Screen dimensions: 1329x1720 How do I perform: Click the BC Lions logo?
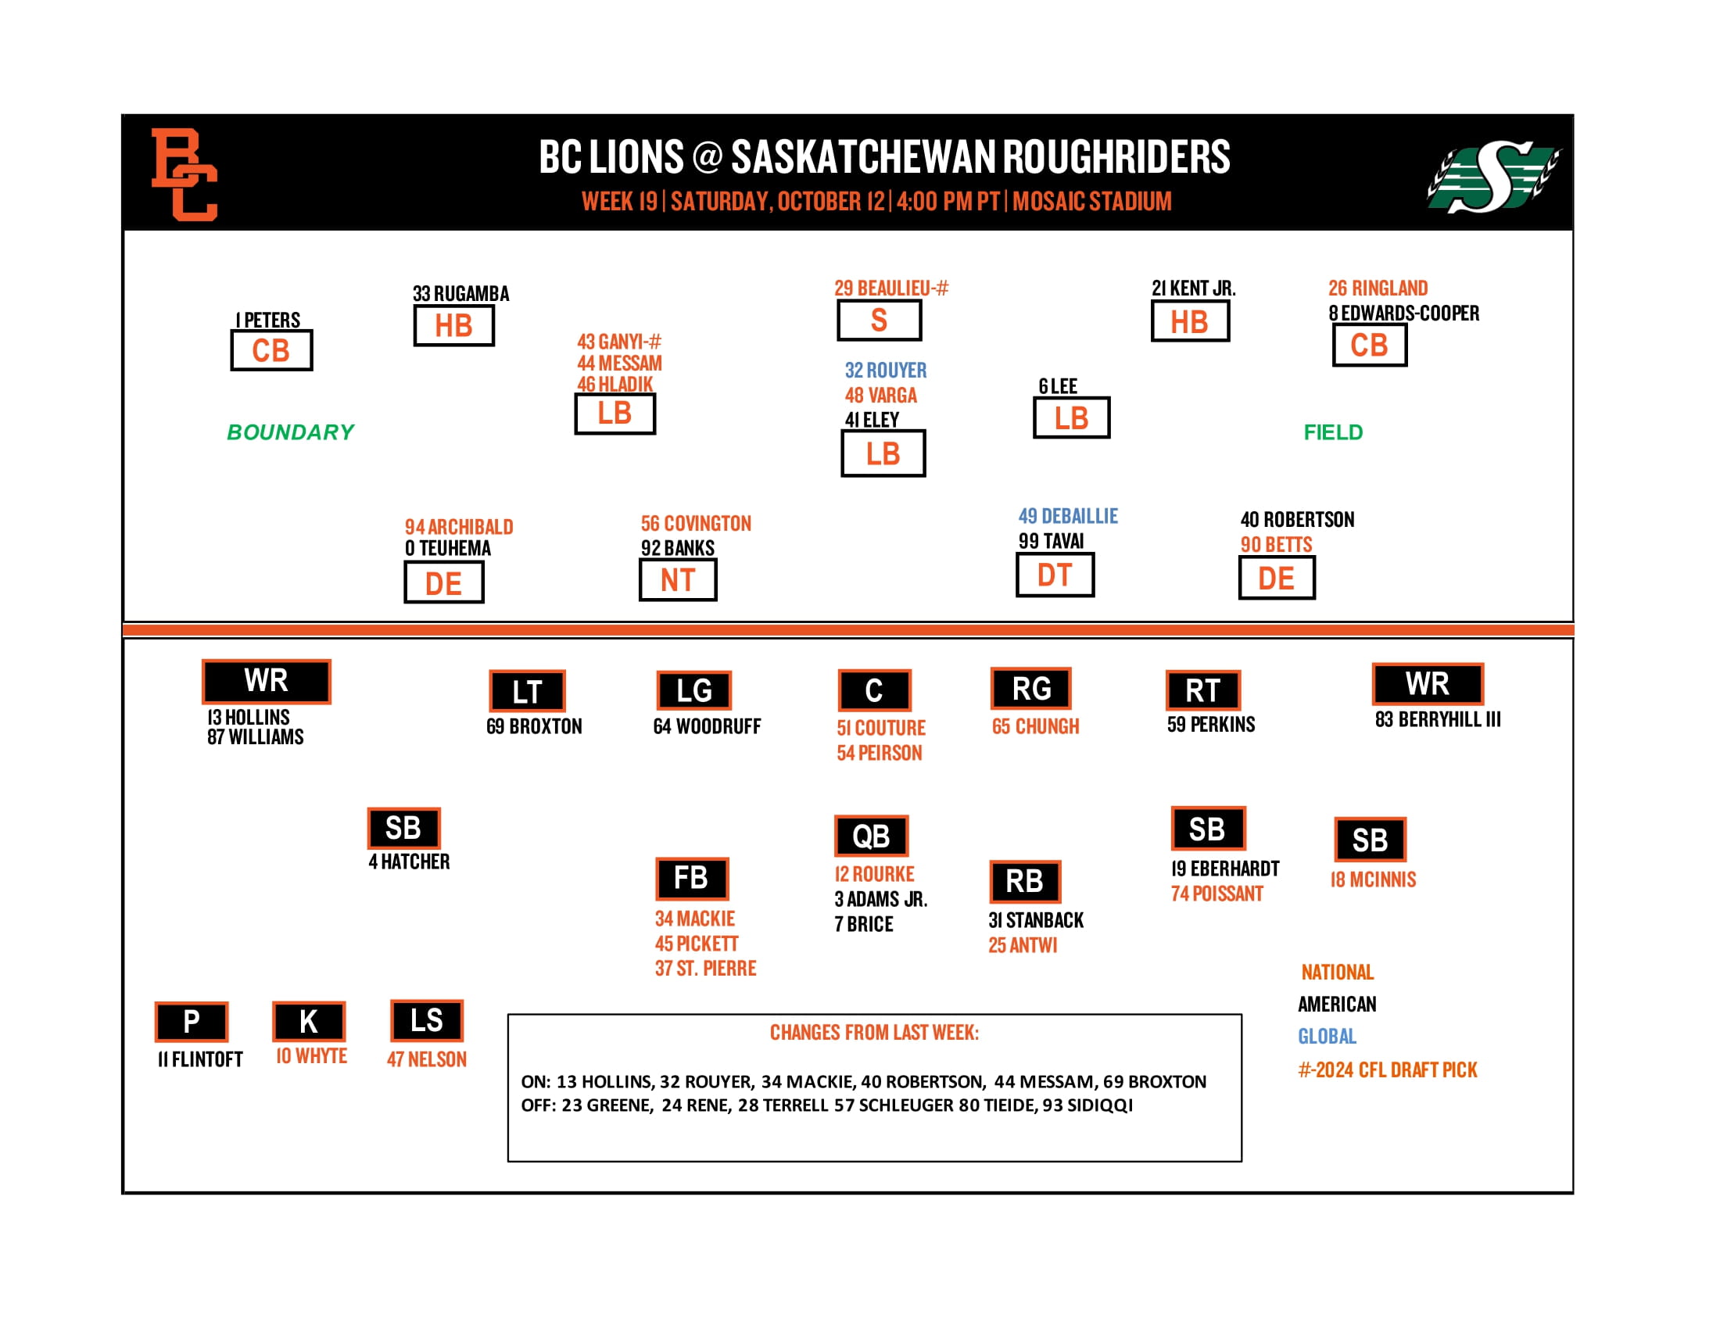185,174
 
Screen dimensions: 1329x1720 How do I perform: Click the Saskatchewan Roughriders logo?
1493,177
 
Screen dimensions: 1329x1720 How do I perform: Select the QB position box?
871,836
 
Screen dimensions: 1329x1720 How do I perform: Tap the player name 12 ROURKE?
874,874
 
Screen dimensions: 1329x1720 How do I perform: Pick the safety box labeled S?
879,321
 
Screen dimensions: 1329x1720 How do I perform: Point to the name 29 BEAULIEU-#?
890,288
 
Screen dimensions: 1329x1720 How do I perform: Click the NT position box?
677,580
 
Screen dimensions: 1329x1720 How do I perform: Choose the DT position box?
1055,575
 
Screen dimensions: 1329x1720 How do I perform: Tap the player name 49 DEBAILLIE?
1068,516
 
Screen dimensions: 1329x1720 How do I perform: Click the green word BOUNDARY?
291,432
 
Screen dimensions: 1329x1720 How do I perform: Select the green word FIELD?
1332,432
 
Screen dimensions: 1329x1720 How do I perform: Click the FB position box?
691,878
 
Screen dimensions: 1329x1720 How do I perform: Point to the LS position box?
426,1020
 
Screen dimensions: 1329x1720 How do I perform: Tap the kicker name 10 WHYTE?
311,1056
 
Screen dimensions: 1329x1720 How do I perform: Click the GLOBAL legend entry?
1327,1036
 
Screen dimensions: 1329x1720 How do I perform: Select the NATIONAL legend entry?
1337,973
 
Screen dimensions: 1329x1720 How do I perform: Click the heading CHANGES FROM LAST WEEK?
874,1032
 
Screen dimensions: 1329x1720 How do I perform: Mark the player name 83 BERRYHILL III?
1437,718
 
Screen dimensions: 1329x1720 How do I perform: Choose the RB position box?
1025,881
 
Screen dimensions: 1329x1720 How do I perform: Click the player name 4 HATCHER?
409,862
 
